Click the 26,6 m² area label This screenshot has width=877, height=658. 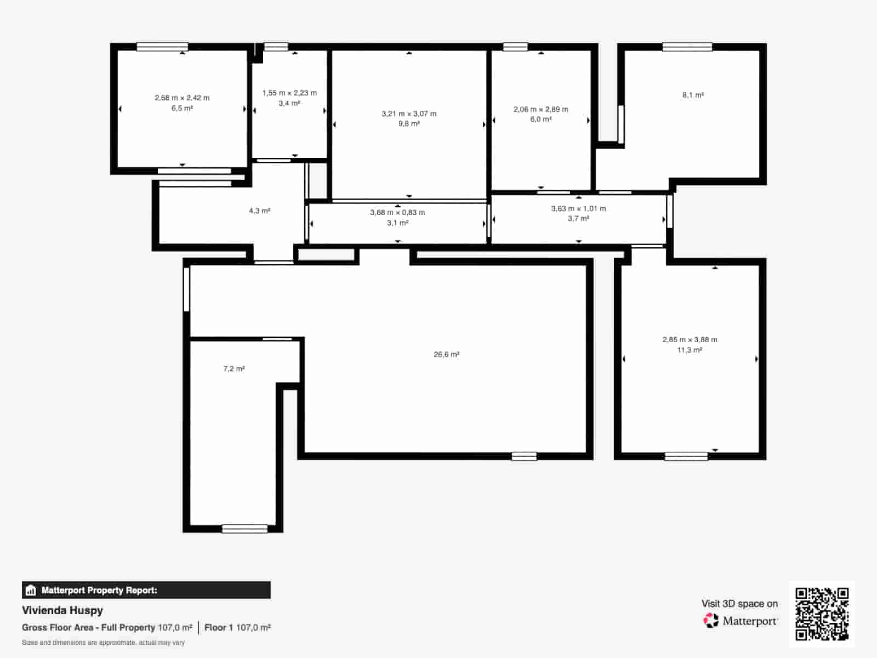coord(446,355)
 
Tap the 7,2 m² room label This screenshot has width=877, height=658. coord(234,369)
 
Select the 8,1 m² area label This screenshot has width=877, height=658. coord(693,95)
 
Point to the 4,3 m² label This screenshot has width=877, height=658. coord(259,211)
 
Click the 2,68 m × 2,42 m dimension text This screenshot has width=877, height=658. coord(182,98)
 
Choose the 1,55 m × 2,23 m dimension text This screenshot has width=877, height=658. coord(289,93)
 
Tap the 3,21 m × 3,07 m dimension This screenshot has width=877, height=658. coord(409,114)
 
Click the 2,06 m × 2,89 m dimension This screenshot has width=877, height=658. coord(540,110)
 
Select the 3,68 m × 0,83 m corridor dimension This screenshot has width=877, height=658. coord(397,213)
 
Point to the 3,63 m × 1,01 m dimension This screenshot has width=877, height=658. coord(578,209)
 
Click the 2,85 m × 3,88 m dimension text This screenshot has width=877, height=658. coord(690,340)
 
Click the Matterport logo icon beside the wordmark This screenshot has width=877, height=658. coord(711,621)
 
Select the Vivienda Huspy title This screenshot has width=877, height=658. coord(62,610)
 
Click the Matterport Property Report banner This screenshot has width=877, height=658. coord(146,591)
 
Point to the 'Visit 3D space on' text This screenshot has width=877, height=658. coord(739,604)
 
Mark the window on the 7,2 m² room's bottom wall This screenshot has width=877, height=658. coord(244,529)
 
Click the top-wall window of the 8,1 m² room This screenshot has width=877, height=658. coord(687,47)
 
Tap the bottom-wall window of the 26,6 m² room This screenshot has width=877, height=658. coord(524,456)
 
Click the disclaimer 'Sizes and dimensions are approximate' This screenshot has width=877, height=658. coord(103,643)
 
